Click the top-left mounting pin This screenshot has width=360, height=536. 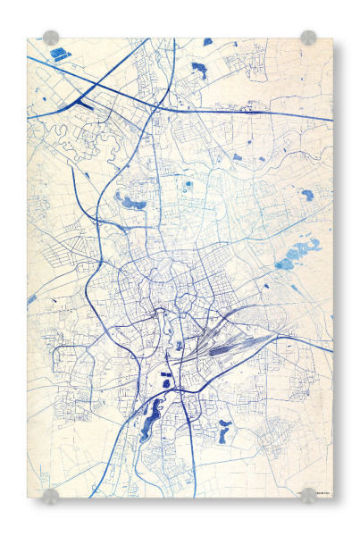pos(51,38)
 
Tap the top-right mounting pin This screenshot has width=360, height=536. pos(308,38)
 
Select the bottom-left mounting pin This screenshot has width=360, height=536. pos(51,496)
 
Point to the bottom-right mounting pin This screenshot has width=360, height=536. pos(308,495)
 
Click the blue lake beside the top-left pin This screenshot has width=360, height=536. pos(61,54)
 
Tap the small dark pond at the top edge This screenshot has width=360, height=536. pos(207,42)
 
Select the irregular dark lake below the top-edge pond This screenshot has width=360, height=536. pos(198,70)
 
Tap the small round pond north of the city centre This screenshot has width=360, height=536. pos(188,185)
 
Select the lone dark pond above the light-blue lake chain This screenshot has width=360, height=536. pos(306,194)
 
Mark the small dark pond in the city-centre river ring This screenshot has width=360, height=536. pos(180,345)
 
